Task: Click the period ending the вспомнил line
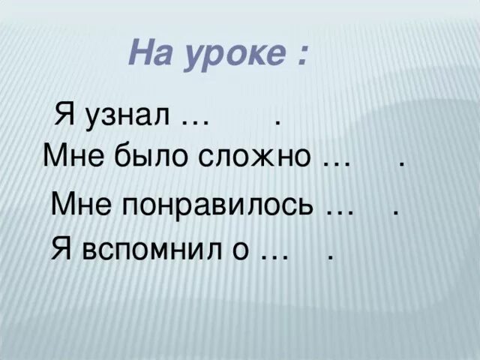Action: (330, 257)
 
